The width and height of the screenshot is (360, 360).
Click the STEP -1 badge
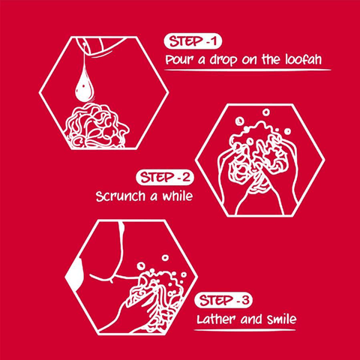pyautogui.click(x=193, y=41)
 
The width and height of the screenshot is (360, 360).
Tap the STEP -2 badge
pyautogui.click(x=165, y=178)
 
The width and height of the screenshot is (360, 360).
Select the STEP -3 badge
pyautogui.click(x=223, y=300)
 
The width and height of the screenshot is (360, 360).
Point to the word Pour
pyautogui.click(x=179, y=60)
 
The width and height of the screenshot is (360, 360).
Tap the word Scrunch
pyautogui.click(x=121, y=196)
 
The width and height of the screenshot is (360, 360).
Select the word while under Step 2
pyautogui.click(x=178, y=196)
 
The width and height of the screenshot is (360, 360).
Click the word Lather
pyautogui.click(x=216, y=319)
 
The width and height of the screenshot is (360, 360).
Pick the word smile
pyautogui.click(x=281, y=319)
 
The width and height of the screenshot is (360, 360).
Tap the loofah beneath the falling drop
pyautogui.click(x=96, y=126)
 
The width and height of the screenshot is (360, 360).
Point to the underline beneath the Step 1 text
pyautogui.click(x=247, y=70)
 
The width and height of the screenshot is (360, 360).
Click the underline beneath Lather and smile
pyautogui.click(x=244, y=331)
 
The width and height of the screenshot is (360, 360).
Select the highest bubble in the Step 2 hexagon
pyautogui.click(x=265, y=112)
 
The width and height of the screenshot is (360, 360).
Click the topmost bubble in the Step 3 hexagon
pyautogui.click(x=165, y=257)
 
